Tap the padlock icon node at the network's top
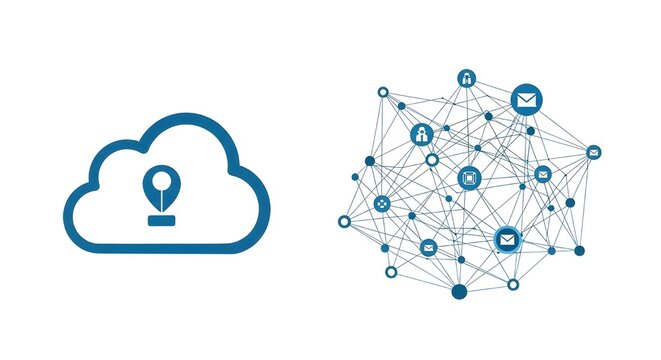pyautogui.click(x=467, y=78)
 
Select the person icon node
pyautogui.click(x=422, y=133)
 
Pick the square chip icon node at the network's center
pyautogui.click(x=467, y=178)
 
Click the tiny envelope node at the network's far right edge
pyautogui.click(x=593, y=152)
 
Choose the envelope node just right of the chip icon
pyautogui.click(x=542, y=174)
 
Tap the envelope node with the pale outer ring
pyautogui.click(x=508, y=239)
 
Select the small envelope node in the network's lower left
pyautogui.click(x=428, y=247)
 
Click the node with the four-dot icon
pyautogui.click(x=382, y=204)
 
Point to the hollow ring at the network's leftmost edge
pyautogui.click(x=345, y=221)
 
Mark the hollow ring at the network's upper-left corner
pyautogui.click(x=383, y=92)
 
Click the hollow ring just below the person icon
pyautogui.click(x=432, y=159)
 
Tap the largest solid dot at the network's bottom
pyautogui.click(x=459, y=291)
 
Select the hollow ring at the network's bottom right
pyautogui.click(x=513, y=284)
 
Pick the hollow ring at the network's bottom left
pyautogui.click(x=390, y=269)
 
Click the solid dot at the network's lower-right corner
pyautogui.click(x=579, y=250)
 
